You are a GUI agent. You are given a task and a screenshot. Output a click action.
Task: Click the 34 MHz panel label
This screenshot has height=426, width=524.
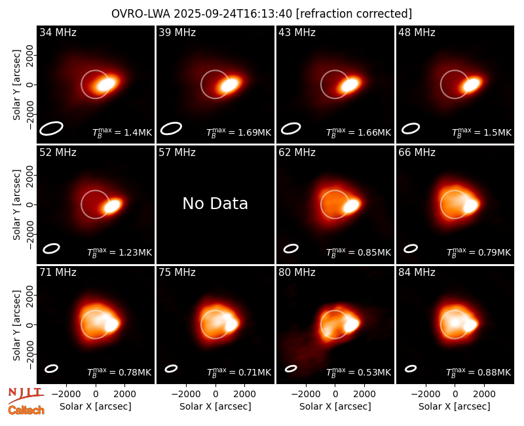pos(58,32)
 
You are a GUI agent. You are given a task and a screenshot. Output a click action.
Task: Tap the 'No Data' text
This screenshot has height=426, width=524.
pos(215,203)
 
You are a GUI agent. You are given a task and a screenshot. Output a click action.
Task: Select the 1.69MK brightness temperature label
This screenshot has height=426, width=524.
pos(238,132)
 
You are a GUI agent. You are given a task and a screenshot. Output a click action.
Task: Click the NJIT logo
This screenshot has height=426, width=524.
pos(26,395)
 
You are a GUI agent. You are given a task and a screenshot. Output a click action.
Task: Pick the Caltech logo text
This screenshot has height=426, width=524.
pos(26,410)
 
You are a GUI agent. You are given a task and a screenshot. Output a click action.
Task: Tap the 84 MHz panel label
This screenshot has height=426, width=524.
pos(417,273)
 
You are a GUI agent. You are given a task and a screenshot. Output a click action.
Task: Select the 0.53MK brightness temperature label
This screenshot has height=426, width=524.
pos(358,372)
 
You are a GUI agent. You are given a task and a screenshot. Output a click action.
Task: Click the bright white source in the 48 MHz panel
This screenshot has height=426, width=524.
pos(472,85)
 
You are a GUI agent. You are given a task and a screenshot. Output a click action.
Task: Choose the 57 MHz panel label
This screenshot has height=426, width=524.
pos(177,153)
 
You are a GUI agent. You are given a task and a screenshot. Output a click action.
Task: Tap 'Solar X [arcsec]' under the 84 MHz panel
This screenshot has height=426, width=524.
pos(455,406)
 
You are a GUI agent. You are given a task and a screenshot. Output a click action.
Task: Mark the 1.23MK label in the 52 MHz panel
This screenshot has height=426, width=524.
pos(119,252)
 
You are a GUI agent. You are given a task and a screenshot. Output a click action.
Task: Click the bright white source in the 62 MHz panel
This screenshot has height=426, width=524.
pos(352,205)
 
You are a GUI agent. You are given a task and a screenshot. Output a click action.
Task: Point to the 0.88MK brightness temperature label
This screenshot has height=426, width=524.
pos(479,372)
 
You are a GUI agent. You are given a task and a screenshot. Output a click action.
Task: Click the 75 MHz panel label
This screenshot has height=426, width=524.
pos(177,273)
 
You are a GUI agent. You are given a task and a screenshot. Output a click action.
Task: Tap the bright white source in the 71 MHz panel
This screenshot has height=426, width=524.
pos(111,324)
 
